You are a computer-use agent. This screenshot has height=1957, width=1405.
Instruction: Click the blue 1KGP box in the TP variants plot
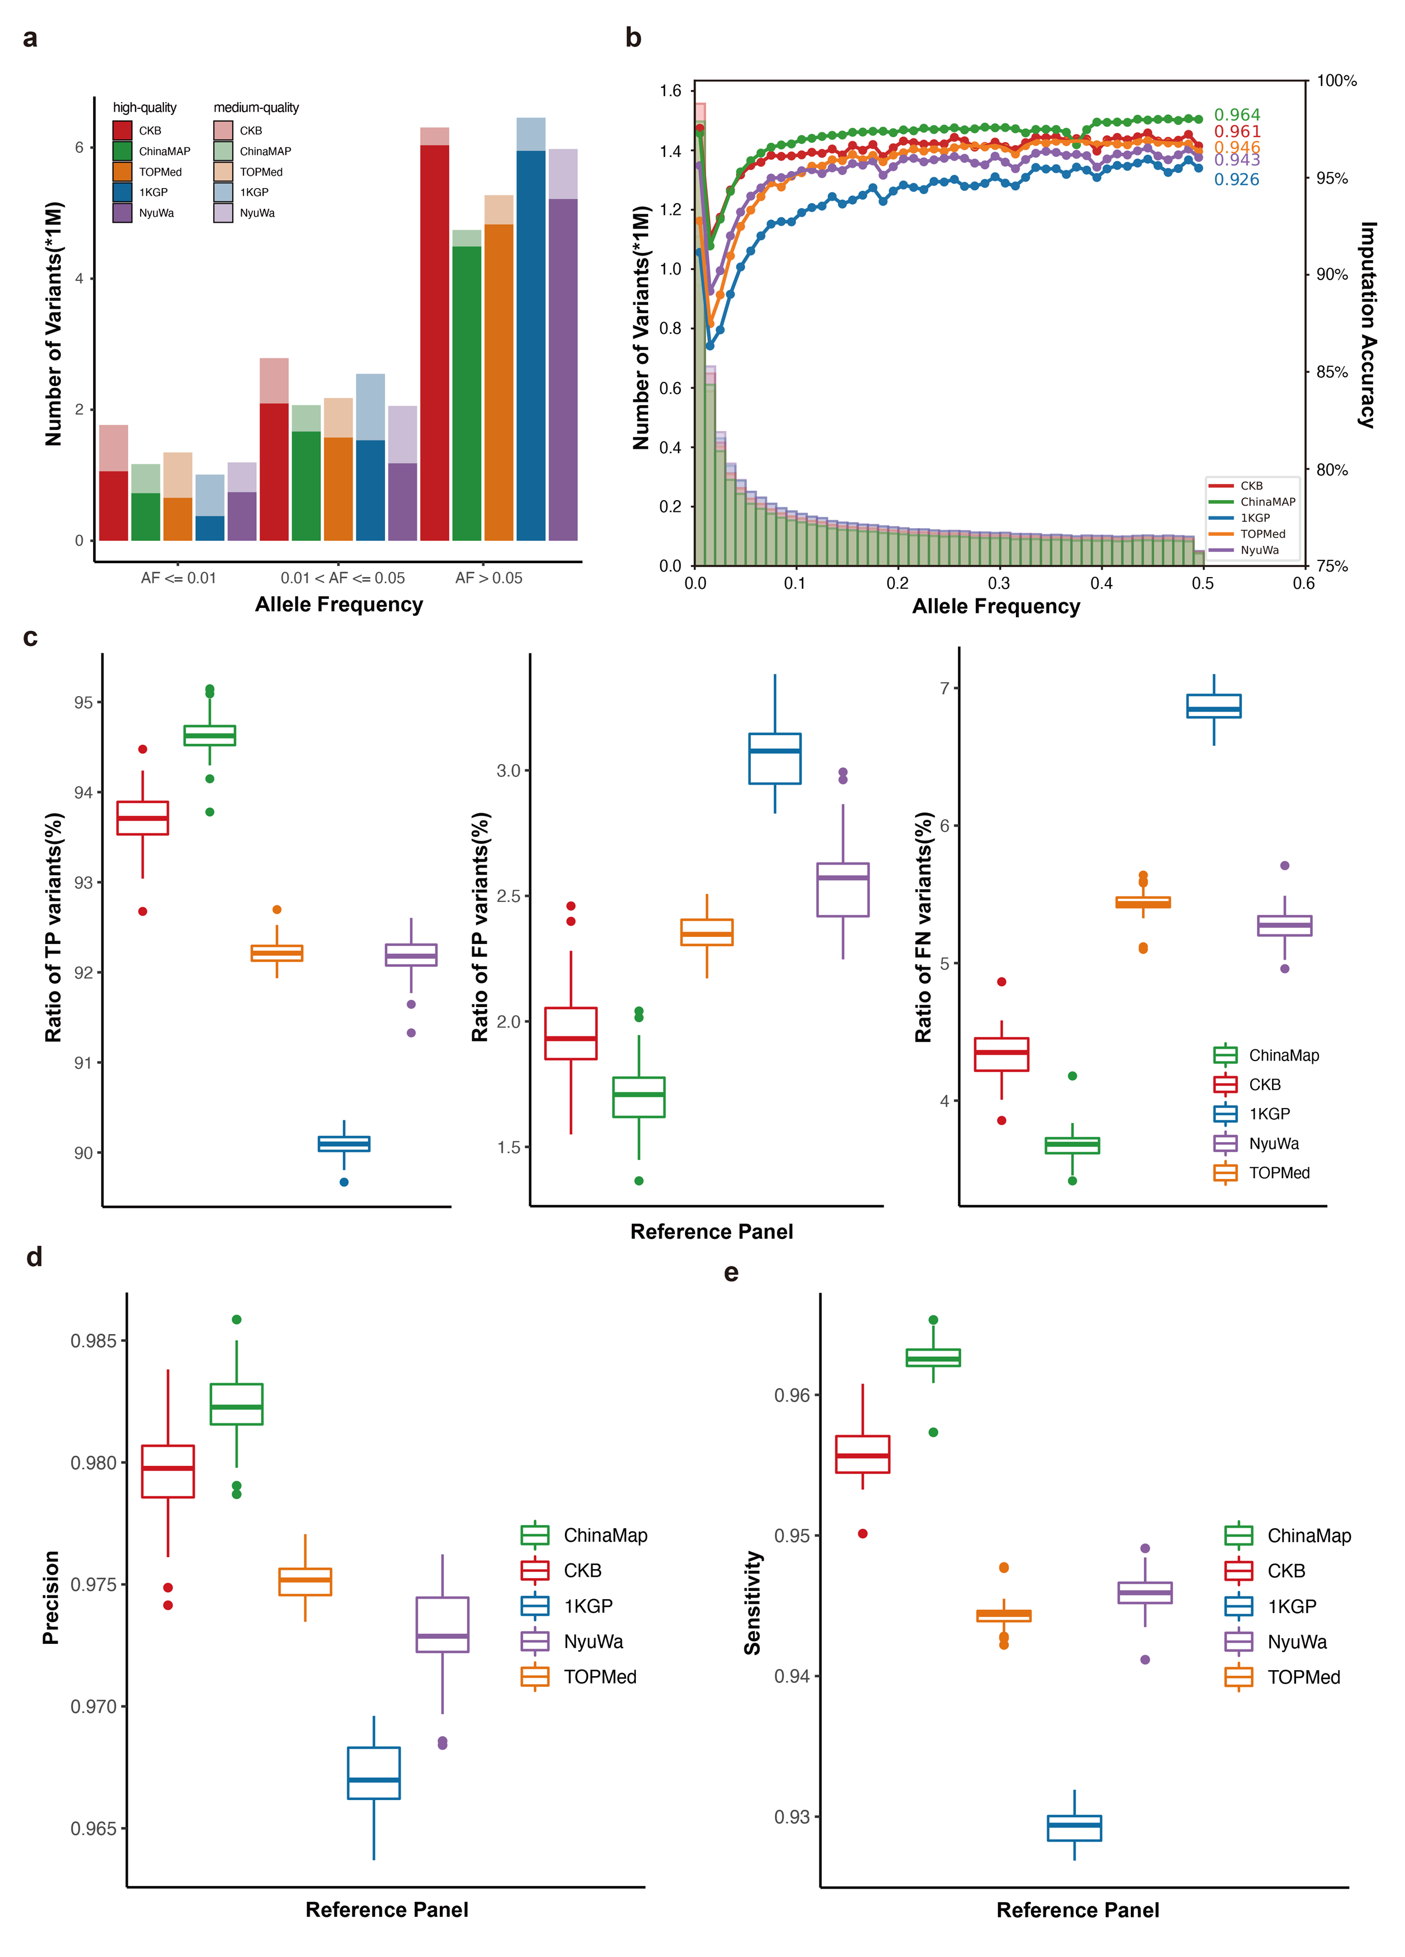(343, 1143)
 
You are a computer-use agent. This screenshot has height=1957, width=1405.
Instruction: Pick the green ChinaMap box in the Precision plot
(237, 1404)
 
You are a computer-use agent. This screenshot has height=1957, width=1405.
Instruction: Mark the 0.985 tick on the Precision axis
(93, 1341)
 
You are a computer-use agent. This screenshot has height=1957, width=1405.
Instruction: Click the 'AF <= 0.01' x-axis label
(179, 578)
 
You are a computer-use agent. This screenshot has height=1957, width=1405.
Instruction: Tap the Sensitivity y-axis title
(752, 1603)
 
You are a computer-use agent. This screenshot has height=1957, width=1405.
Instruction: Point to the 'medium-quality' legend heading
(256, 108)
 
